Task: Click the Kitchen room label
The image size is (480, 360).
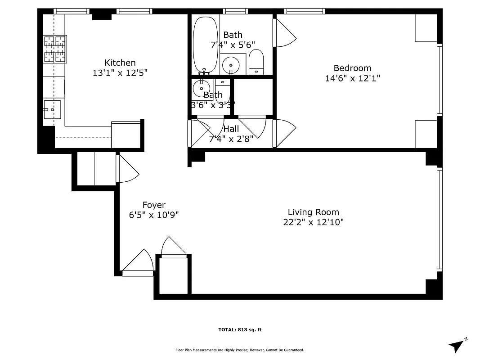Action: click(120, 63)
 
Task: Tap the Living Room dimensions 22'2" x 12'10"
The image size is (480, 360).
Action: click(313, 222)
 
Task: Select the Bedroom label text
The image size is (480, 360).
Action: click(352, 68)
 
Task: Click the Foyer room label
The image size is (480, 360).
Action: click(154, 205)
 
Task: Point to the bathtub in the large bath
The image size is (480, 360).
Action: click(205, 45)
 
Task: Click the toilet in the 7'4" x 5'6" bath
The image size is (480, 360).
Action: click(256, 62)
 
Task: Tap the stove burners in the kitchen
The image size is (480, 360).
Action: click(55, 49)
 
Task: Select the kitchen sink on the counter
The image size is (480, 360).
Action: click(52, 109)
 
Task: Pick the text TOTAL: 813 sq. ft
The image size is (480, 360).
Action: click(240, 330)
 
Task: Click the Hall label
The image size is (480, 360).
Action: click(231, 129)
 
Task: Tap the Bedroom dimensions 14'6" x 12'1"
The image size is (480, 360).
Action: click(352, 78)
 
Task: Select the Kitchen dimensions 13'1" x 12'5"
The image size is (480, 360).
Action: click(120, 72)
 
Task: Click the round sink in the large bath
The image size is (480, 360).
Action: click(232, 65)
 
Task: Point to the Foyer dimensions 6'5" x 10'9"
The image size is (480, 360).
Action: click(154, 215)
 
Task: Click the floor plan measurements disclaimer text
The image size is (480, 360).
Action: click(240, 350)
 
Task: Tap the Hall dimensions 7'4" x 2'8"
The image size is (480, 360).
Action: click(231, 139)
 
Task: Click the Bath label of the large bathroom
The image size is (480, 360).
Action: click(233, 35)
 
